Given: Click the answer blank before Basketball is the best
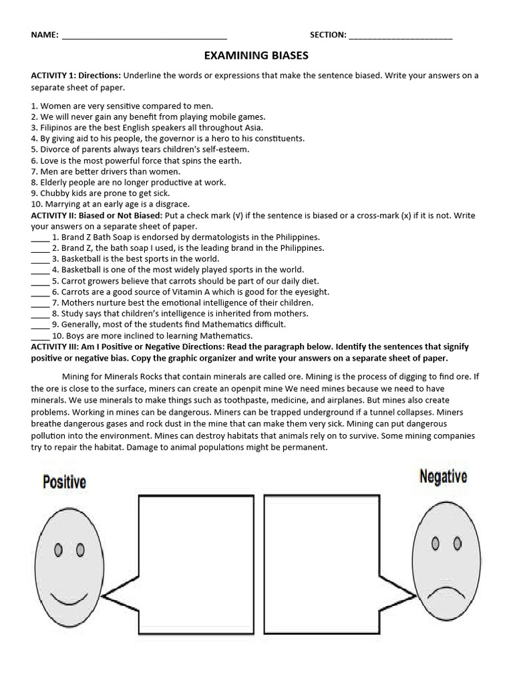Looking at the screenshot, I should (x=40, y=259).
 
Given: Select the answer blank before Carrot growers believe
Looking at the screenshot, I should (x=40, y=281).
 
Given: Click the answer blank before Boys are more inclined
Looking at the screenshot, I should (x=40, y=336).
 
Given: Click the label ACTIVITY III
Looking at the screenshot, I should (x=54, y=347).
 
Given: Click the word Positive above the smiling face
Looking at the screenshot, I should (x=64, y=482).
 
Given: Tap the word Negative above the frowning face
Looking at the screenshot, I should (x=443, y=476).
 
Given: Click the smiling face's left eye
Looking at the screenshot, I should (x=58, y=550).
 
